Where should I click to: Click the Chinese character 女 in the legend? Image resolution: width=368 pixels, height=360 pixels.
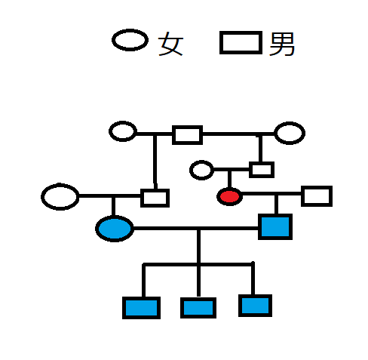(170, 44)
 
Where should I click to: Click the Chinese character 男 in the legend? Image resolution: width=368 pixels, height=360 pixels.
(281, 44)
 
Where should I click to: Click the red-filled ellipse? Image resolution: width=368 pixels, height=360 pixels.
(229, 196)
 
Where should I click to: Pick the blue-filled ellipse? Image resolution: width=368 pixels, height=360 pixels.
(115, 229)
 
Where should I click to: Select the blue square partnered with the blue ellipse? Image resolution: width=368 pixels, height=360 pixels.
(275, 226)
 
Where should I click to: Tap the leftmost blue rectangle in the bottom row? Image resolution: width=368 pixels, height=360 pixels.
(141, 308)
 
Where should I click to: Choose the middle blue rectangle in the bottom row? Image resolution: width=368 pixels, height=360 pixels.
(198, 308)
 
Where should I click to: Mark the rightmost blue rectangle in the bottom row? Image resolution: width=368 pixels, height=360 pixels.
(255, 306)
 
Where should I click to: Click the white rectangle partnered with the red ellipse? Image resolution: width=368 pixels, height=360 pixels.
(317, 196)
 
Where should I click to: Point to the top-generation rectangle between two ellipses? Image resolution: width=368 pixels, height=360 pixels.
(187, 135)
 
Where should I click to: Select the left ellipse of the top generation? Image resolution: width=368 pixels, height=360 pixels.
(123, 131)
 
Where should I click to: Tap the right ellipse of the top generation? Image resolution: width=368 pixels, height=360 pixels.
(290, 133)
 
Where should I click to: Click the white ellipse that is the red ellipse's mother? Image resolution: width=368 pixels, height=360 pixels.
(201, 170)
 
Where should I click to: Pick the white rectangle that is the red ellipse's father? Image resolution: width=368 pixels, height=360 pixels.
(262, 170)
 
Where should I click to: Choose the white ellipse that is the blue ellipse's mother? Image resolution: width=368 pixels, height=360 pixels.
(60, 196)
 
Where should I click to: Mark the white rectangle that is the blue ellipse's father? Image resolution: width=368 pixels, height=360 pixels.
(155, 198)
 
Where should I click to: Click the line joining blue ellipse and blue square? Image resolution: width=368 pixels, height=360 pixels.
(196, 229)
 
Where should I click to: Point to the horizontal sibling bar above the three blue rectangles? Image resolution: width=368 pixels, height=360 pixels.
(198, 264)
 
